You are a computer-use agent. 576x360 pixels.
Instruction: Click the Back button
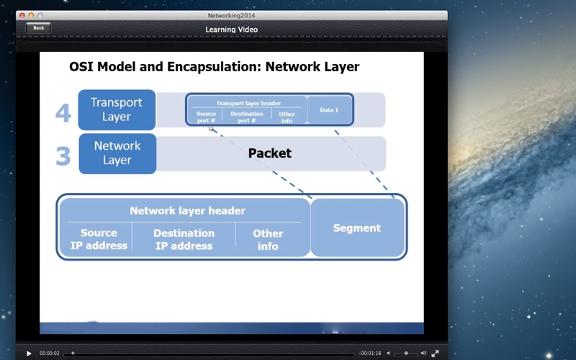coord(38,28)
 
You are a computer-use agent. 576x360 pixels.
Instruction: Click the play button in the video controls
coord(29,354)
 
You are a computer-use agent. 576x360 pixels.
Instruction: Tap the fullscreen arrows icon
coord(435,354)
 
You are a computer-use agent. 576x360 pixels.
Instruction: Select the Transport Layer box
coord(117,110)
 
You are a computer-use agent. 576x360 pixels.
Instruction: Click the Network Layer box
coord(117,153)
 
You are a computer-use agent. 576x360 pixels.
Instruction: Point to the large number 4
coord(63,113)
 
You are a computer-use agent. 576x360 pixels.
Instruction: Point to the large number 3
coord(63,156)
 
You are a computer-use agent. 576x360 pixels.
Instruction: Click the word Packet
coord(269,153)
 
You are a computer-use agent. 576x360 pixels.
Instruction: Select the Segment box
coord(357,228)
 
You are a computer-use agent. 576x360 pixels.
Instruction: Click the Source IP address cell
coord(99,239)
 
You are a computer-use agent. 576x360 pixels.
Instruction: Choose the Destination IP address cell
coord(184,240)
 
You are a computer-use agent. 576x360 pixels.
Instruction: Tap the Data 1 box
coord(329,110)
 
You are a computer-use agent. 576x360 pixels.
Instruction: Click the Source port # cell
coord(206,117)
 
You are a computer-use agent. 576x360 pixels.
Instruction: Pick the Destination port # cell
coord(246,117)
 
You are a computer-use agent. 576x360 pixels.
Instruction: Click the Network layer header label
coord(188,210)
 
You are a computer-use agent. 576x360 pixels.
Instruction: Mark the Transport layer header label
coord(248,103)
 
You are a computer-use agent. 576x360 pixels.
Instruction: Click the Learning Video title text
coord(231,30)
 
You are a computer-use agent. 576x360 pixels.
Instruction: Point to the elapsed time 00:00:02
coord(49,354)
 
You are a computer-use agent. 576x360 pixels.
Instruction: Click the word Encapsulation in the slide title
coord(214,67)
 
